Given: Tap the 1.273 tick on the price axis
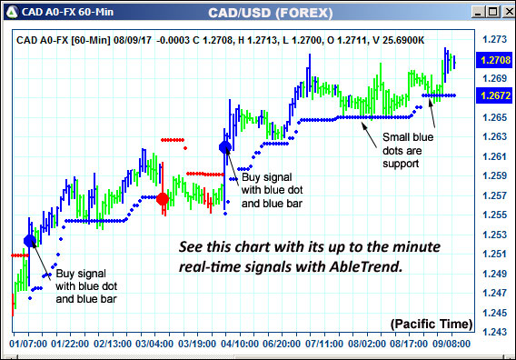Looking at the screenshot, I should click(493, 40).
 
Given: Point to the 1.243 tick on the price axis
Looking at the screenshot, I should click(493, 333).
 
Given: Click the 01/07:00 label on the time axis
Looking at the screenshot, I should click(28, 345).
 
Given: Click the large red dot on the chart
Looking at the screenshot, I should click(163, 199).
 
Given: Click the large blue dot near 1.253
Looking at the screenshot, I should click(30, 241).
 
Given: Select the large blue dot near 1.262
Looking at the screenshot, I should click(225, 146).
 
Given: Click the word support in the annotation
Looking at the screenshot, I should click(400, 164).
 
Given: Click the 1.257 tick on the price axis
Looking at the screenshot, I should click(493, 196).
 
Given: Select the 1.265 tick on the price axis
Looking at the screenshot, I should click(493, 118).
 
